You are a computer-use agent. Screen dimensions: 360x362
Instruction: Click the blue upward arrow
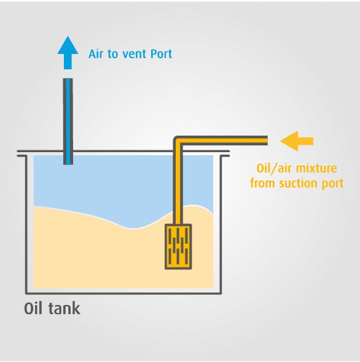pyautogui.click(x=68, y=53)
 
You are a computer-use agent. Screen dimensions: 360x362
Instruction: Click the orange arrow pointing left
pyautogui.click(x=297, y=141)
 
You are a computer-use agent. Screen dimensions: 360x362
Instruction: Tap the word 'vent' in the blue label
pyautogui.click(x=135, y=54)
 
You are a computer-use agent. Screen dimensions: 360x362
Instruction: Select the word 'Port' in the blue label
pyautogui.click(x=161, y=54)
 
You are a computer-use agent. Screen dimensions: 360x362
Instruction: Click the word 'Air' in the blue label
pyautogui.click(x=96, y=54)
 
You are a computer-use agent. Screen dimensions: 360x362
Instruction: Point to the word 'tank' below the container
pyautogui.click(x=65, y=309)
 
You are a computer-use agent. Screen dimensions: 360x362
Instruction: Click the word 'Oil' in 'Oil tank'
pyautogui.click(x=34, y=309)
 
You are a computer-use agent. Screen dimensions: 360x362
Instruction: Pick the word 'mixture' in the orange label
pyautogui.click(x=316, y=168)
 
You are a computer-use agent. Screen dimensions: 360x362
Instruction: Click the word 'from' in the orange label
pyautogui.click(x=263, y=183)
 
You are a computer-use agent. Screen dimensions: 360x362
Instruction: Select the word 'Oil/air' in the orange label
pyautogui.click(x=275, y=169)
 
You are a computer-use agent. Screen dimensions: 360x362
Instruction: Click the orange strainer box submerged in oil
pyautogui.click(x=178, y=247)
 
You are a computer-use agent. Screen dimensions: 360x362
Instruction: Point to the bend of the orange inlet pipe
pyautogui.click(x=178, y=141)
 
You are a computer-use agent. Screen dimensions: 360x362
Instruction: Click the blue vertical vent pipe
pyautogui.click(x=68, y=121)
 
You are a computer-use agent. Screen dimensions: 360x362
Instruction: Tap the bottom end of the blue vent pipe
pyautogui.click(x=68, y=164)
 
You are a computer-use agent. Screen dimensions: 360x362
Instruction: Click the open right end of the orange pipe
pyautogui.click(x=267, y=141)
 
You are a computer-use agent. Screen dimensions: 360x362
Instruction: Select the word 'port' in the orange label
pyautogui.click(x=332, y=184)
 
